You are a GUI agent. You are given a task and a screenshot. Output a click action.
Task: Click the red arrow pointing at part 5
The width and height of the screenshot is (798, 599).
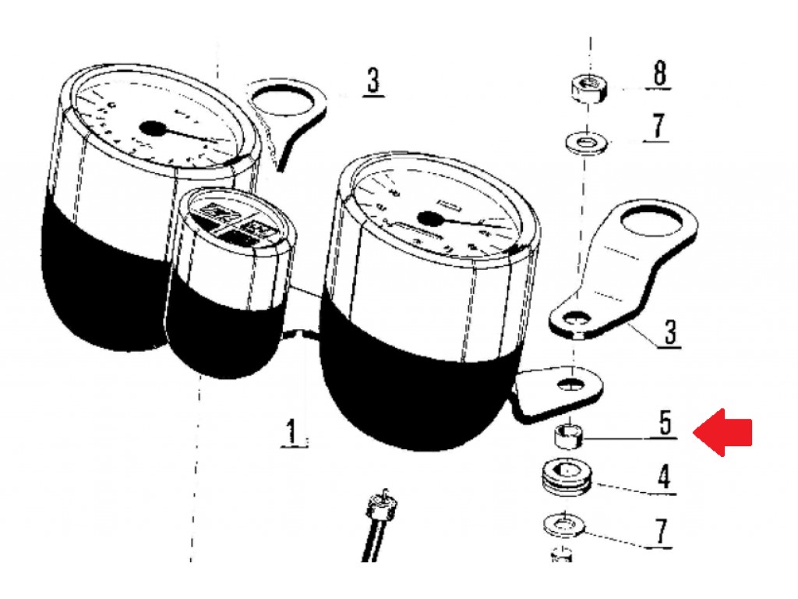click(722, 432)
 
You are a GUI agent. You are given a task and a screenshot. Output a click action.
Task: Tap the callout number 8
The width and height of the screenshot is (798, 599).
click(659, 73)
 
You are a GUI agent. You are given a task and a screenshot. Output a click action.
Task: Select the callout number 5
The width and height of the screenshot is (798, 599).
click(666, 422)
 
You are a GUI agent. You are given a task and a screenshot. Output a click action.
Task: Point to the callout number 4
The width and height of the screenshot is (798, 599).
click(664, 477)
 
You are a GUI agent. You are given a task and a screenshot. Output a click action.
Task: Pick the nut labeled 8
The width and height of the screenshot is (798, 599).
click(589, 88)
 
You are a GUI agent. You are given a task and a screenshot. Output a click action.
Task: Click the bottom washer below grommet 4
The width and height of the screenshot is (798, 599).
click(564, 525)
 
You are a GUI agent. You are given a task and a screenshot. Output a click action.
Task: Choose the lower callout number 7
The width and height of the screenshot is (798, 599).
click(660, 532)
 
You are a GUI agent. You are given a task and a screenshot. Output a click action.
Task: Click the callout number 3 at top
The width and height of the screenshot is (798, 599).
click(373, 80)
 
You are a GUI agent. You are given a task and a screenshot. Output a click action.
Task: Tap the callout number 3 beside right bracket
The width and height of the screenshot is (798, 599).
click(670, 331)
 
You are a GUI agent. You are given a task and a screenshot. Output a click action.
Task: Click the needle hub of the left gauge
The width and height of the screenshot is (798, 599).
click(154, 129)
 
